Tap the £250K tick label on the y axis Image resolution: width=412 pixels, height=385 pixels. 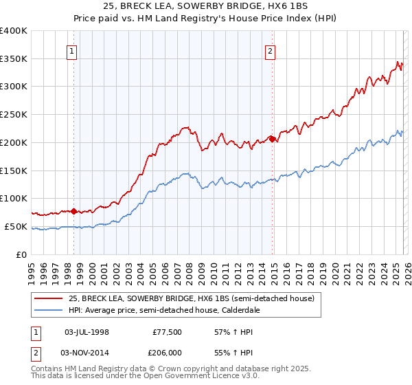[14, 115]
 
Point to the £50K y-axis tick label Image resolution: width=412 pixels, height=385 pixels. [16, 226]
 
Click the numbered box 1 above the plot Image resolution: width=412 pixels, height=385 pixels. [72, 50]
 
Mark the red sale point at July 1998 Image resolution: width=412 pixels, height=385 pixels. [74, 211]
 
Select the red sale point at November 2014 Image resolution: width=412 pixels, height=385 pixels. [272, 139]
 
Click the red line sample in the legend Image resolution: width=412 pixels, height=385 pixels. [49, 298]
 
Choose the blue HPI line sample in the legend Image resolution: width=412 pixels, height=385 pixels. [49, 310]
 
